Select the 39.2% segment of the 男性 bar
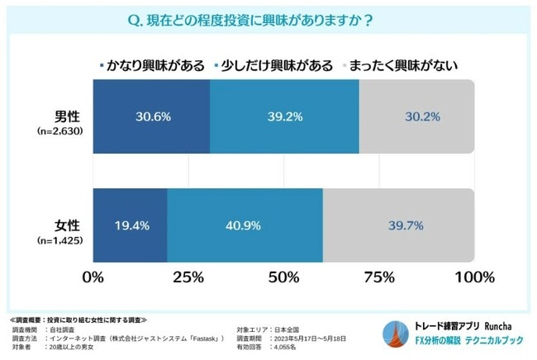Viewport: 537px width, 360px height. click(x=284, y=116)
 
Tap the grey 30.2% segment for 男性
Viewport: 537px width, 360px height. click(x=416, y=116)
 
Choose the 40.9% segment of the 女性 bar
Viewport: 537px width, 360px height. click(x=245, y=225)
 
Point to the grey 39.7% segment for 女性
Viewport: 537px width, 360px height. click(x=397, y=225)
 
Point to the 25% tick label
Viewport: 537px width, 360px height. click(x=188, y=275)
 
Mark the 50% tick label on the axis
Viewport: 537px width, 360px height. click(x=283, y=275)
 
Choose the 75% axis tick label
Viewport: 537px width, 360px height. click(x=378, y=275)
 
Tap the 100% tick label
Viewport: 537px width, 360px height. click(x=473, y=275)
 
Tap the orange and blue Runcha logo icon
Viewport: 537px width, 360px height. click(x=392, y=332)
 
